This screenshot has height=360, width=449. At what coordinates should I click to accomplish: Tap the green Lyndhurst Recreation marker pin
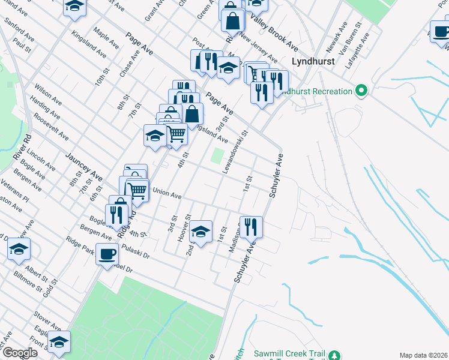point(361,92)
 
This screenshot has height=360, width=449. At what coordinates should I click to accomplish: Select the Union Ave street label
point(167,194)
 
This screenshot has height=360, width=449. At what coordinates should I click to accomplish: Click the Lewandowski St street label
point(235,153)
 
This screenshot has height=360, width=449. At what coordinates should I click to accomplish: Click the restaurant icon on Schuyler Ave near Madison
point(251,226)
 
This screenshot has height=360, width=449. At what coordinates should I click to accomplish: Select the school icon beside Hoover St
point(200,231)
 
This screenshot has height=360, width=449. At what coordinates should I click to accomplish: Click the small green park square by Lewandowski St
point(217,156)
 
